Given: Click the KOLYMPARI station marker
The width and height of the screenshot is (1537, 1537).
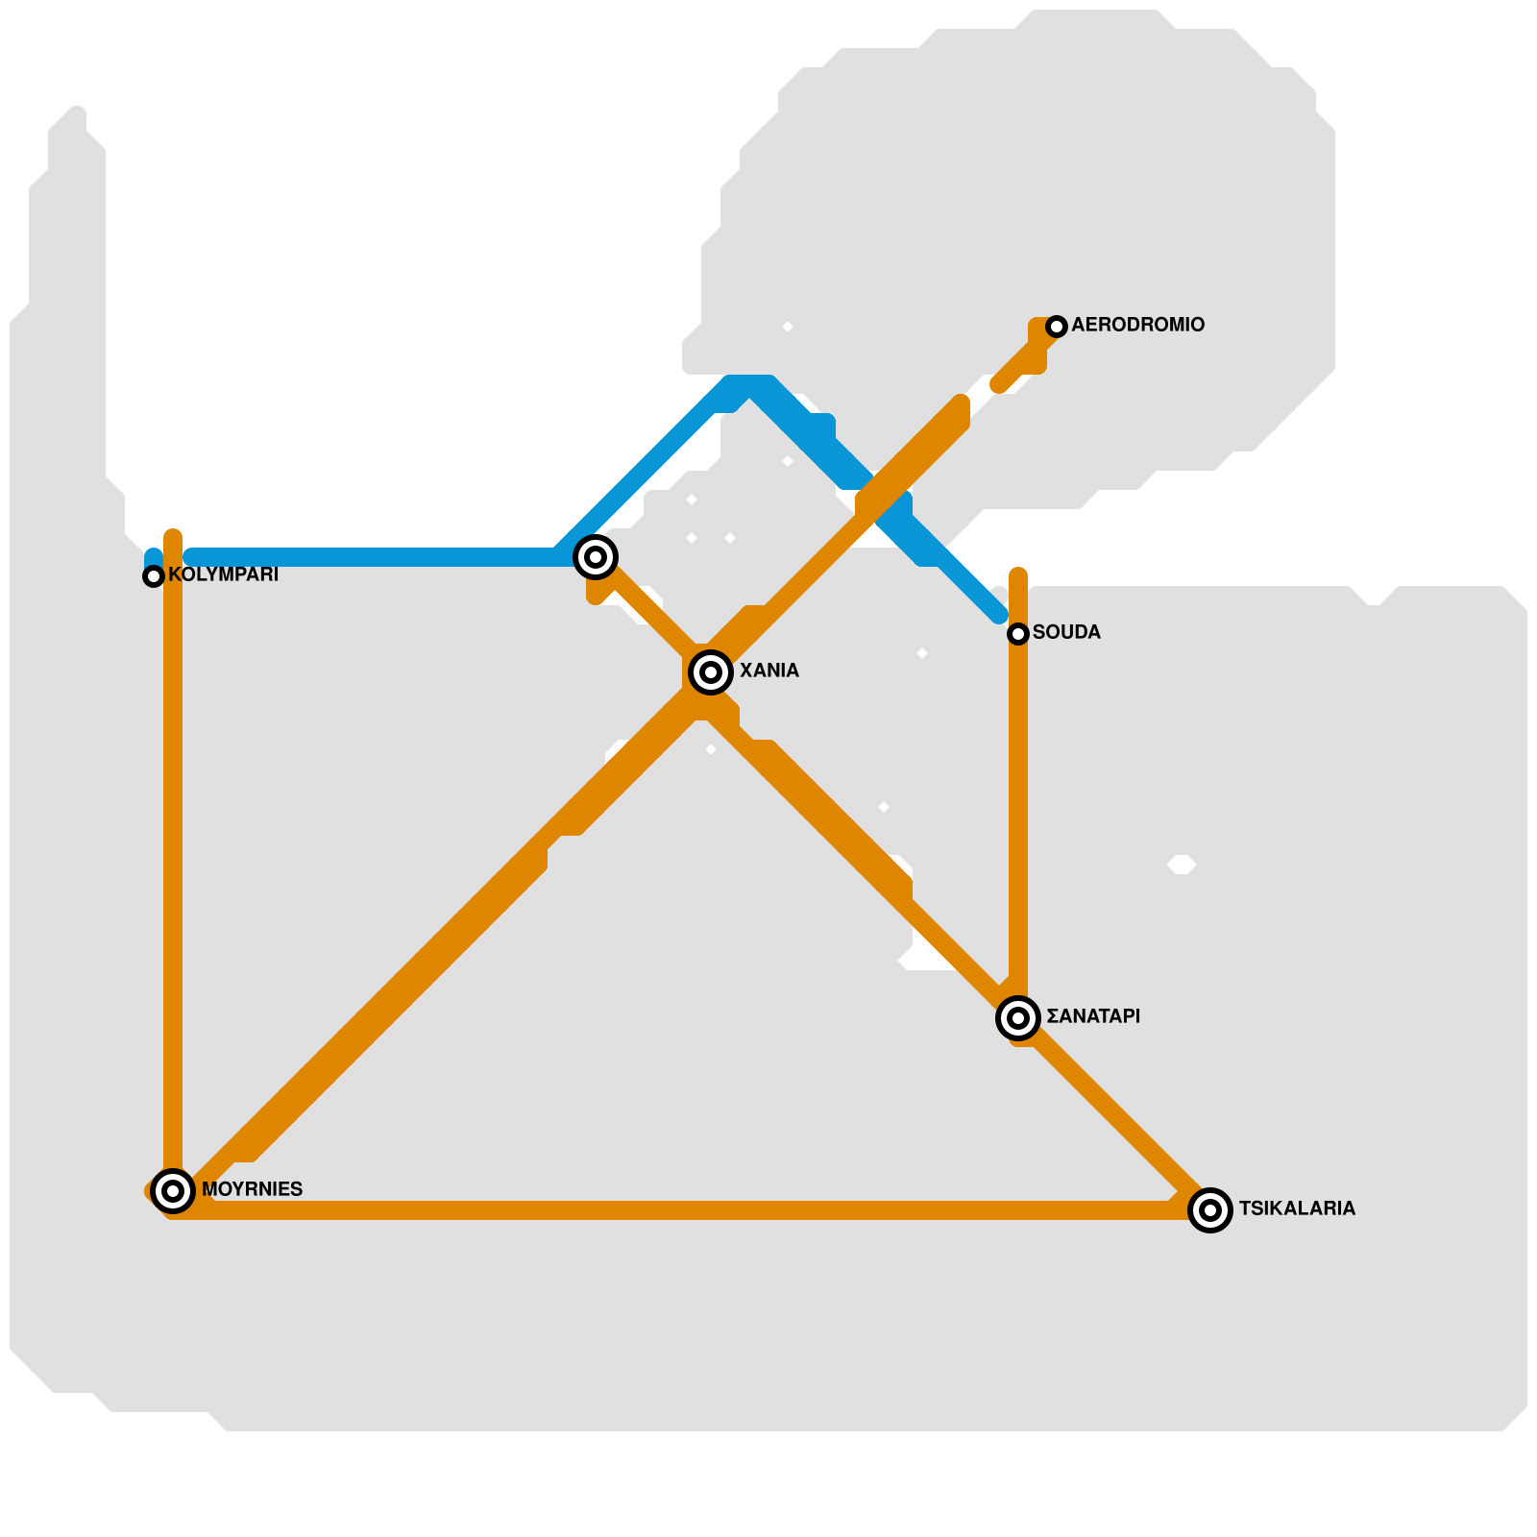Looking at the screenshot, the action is (x=154, y=576).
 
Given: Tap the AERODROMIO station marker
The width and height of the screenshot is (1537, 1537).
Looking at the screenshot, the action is (x=1057, y=327).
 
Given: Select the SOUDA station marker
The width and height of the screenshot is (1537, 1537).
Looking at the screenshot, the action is (x=1018, y=634).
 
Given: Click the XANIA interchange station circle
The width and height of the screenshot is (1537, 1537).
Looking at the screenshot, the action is (x=711, y=672).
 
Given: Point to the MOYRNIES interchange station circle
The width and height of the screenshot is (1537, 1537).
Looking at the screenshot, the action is (x=173, y=1191).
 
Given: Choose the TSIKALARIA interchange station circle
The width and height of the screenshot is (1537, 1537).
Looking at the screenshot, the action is (x=1210, y=1210).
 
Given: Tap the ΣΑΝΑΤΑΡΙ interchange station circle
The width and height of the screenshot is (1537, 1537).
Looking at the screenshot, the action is (x=1018, y=1018).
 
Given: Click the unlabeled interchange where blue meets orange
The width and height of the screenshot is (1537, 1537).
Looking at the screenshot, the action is (x=596, y=557).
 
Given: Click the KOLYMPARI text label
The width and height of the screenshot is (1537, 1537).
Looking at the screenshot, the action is (x=223, y=575).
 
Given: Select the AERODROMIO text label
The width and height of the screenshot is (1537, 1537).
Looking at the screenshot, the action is (x=1137, y=326).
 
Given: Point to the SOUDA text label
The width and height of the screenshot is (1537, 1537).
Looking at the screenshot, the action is (x=1066, y=633).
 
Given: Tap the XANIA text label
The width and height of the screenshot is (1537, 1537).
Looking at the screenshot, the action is (x=768, y=671).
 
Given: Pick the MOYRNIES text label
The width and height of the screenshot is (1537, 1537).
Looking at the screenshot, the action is (x=252, y=1190).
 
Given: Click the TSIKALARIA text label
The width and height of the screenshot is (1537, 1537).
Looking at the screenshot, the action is (x=1297, y=1209).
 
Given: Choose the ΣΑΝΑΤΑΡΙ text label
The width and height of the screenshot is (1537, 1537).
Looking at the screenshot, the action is (x=1093, y=1017).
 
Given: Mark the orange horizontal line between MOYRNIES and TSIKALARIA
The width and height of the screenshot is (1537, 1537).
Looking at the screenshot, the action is (x=672, y=1210).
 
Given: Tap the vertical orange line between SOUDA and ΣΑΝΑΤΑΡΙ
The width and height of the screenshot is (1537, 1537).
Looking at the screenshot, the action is (x=1018, y=817).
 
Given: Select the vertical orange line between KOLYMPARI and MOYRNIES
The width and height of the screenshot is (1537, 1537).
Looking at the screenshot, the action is (x=173, y=865).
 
